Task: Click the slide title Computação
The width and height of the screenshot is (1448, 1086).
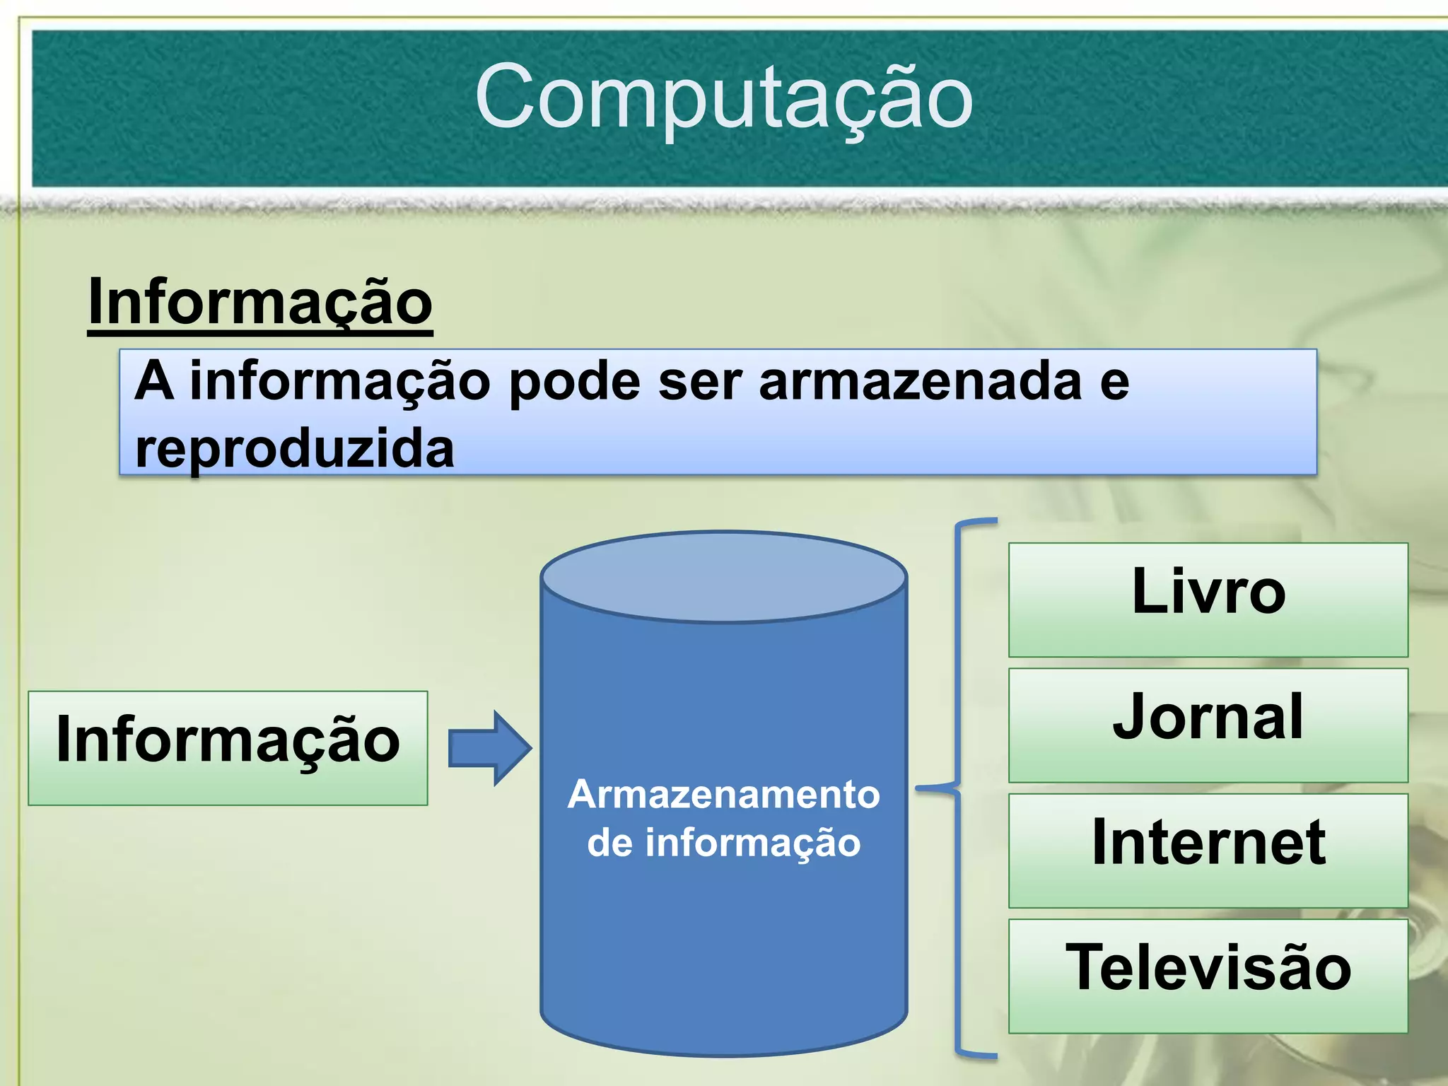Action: coord(724,98)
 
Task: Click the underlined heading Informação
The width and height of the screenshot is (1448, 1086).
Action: coord(260,303)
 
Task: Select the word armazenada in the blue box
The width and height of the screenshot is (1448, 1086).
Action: coord(920,382)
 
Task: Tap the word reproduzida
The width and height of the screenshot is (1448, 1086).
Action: coord(294,448)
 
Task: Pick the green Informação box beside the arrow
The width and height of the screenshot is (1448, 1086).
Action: coord(228,747)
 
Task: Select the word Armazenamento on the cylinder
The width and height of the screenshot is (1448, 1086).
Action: coord(723,794)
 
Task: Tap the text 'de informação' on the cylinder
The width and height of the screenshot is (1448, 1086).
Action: coord(723,843)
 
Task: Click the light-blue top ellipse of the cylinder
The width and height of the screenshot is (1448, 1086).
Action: coord(723,577)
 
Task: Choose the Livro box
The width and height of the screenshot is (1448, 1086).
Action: coord(1208,600)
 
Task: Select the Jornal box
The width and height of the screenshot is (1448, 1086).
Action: coord(1208,725)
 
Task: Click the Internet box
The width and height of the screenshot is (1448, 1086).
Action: coord(1208,850)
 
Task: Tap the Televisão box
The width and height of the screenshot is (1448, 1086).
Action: coord(1208,976)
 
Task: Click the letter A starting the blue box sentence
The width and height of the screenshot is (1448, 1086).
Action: coord(154,382)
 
